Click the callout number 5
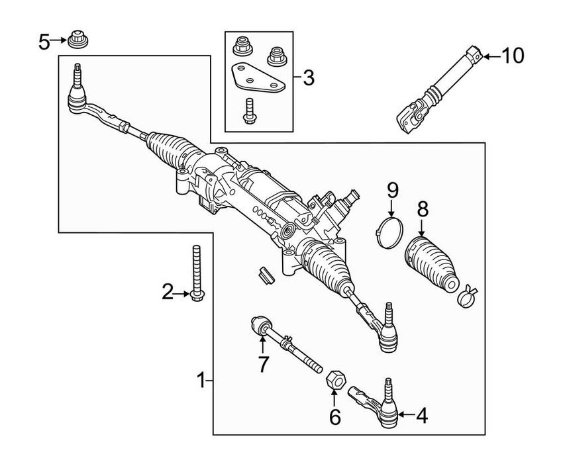point(44,42)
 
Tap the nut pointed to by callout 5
point(78,40)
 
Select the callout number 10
point(513,56)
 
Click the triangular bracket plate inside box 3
point(258,78)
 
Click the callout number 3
point(309,78)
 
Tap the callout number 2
point(168,292)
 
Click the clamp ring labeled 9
point(390,233)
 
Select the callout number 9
point(393,191)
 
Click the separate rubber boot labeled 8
point(432,264)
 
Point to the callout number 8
point(423,210)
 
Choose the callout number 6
point(334,416)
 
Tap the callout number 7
point(263,364)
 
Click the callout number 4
point(423,416)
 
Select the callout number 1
point(201,380)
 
